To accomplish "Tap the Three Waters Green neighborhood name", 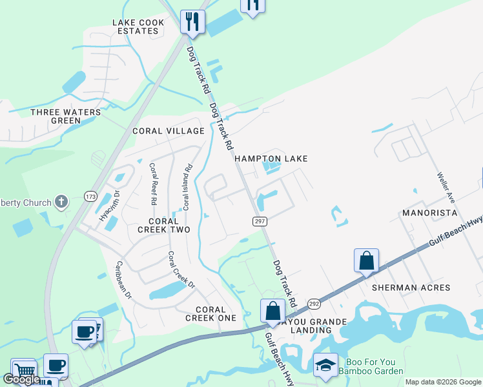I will coord(66,116).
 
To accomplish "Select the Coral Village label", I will coord(168,131).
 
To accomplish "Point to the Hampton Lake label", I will coord(271,159).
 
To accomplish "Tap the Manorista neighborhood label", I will coord(429,212).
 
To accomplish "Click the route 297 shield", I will coord(257,221).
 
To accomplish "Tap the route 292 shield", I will coord(314,303).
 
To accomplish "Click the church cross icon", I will coord(61,203).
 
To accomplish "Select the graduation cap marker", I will coord(325,365).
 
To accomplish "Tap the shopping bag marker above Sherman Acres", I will coord(366,261).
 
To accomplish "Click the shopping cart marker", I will coord(23,370).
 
